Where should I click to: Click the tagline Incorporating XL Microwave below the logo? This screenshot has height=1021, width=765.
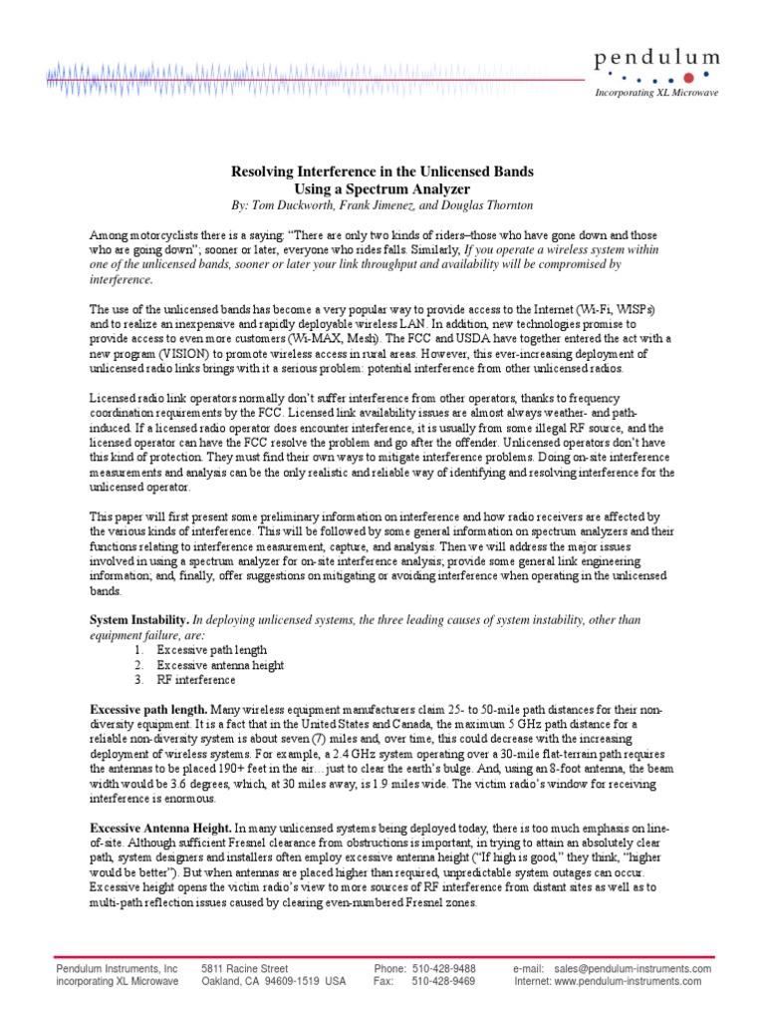pyautogui.click(x=657, y=93)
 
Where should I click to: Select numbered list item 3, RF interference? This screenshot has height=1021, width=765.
pyautogui.click(x=196, y=680)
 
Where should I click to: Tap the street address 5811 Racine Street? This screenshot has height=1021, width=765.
pyautogui.click(x=244, y=968)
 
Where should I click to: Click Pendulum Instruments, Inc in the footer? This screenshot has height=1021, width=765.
pyautogui.click(x=117, y=968)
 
